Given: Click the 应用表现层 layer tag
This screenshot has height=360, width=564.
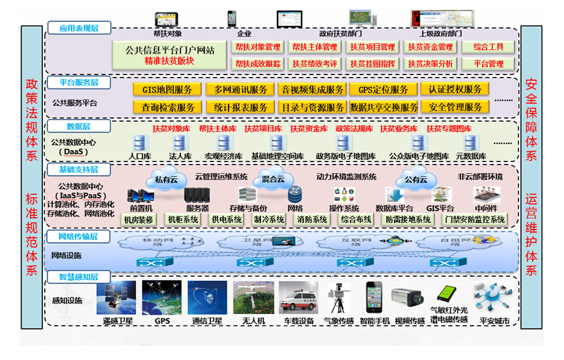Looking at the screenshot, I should [x=78, y=28].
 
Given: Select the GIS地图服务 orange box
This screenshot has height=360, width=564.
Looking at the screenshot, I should [x=163, y=89].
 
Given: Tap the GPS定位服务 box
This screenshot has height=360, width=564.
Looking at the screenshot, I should [x=383, y=89].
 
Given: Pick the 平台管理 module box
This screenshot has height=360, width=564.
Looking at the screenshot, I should [x=488, y=63].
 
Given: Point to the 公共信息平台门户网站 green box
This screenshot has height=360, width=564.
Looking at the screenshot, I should [x=170, y=55].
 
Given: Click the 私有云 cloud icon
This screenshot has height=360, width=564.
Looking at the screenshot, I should [x=166, y=179].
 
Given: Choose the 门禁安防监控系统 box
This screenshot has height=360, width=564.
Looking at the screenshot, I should [x=475, y=219].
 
